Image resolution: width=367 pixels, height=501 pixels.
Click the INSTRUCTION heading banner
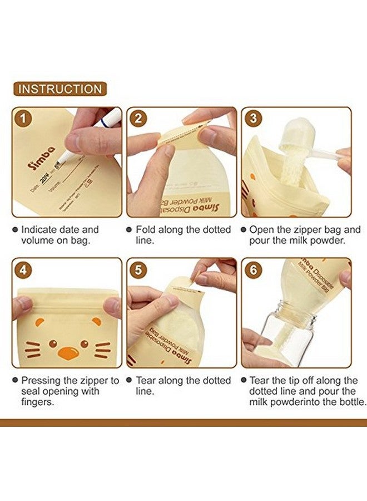pyautogui.click(x=60, y=89)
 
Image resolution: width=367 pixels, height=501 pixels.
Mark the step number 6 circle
pyautogui.click(x=254, y=271)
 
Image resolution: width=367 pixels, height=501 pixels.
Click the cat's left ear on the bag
pyautogui.click(x=37, y=322)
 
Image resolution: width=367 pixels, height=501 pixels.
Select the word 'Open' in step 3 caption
pyautogui.click(x=261, y=230)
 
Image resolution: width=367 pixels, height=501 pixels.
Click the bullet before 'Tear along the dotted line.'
pyautogui.click(x=130, y=381)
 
